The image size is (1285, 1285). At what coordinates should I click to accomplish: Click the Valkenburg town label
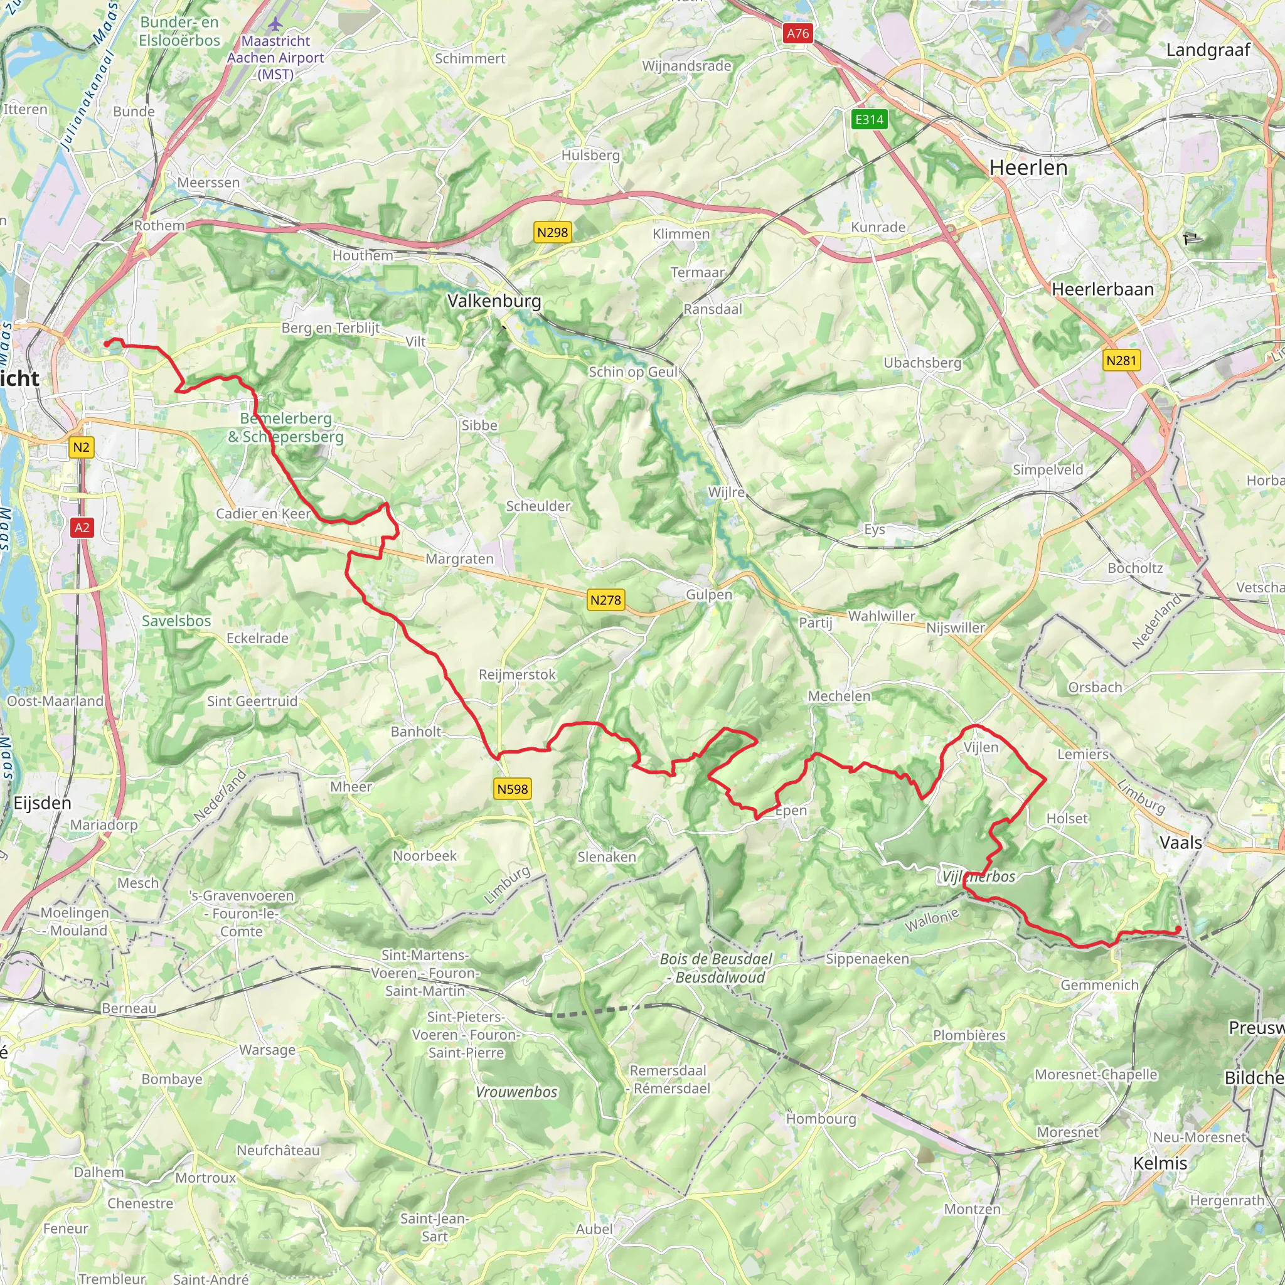494,301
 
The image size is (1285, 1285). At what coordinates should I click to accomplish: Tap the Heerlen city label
1028,168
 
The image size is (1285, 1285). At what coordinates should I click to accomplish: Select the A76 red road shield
797,33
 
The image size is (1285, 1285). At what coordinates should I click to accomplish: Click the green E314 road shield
869,120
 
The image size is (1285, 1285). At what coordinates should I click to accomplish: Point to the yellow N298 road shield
552,233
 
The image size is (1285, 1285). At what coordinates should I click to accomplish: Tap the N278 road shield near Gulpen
605,600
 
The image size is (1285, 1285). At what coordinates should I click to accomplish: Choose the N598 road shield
512,789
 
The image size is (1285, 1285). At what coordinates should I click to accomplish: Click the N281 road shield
1121,361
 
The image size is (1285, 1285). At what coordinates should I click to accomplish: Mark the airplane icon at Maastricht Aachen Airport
275,24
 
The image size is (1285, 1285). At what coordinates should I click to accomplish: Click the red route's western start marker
107,344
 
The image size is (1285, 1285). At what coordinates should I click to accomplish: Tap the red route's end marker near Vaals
1178,929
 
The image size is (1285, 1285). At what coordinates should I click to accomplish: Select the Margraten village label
459,558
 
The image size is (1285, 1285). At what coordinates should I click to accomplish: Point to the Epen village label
791,811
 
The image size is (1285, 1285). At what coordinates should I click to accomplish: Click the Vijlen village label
981,747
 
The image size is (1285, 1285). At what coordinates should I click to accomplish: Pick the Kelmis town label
1160,1163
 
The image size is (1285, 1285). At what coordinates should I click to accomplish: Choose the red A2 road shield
81,528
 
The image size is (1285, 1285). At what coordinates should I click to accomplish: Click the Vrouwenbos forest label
516,1092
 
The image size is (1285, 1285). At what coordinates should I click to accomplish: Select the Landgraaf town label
1208,50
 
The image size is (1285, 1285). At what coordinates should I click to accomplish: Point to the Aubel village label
594,1229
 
